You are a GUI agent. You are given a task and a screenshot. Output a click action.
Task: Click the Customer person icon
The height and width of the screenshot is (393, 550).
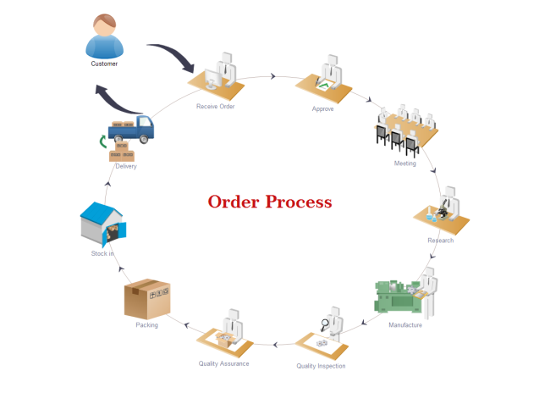(x=104, y=35)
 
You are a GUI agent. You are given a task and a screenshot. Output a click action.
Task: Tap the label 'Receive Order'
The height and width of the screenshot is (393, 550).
(x=215, y=107)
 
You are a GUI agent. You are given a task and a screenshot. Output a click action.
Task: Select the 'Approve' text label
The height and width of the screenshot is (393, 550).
(x=322, y=109)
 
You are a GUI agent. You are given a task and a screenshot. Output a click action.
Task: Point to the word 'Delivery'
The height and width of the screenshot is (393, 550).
(x=126, y=167)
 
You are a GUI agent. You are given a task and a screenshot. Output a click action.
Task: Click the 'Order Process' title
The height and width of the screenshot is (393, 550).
(x=270, y=202)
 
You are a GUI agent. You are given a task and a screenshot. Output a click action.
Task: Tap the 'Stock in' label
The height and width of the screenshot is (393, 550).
(x=102, y=253)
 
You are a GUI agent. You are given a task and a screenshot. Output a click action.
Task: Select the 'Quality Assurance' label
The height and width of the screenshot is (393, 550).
(x=223, y=363)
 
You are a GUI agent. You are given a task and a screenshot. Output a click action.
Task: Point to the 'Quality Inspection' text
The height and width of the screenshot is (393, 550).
(x=321, y=366)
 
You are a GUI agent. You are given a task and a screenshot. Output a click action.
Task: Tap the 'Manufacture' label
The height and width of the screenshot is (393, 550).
(x=404, y=325)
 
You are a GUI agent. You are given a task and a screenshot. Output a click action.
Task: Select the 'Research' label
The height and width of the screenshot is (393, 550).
(x=440, y=241)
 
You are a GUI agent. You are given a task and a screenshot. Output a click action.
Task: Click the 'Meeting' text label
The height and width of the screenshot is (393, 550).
(x=404, y=163)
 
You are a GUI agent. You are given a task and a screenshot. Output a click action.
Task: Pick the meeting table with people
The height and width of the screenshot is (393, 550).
(x=405, y=129)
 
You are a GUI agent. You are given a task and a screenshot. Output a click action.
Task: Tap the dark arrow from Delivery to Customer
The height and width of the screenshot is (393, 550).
(x=118, y=100)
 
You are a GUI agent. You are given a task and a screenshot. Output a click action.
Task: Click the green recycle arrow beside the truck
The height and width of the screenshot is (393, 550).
(x=103, y=141)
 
